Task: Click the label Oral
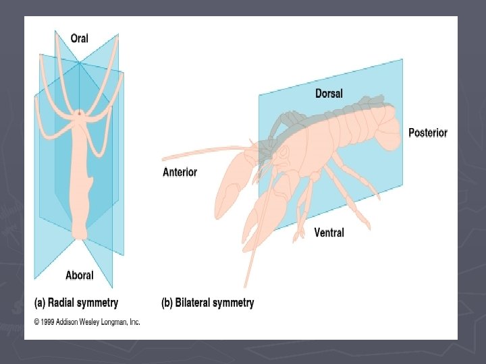[x=79, y=38]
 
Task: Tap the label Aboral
[x=79, y=275]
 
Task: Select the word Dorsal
[x=329, y=93]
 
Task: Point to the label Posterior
[x=427, y=133]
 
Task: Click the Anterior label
[x=180, y=172]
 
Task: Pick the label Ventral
[x=329, y=233]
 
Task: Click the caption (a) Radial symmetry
[x=76, y=303]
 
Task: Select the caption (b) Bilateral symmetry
[x=207, y=303]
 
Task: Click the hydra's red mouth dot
[x=80, y=114]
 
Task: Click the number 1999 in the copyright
[x=49, y=322]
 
